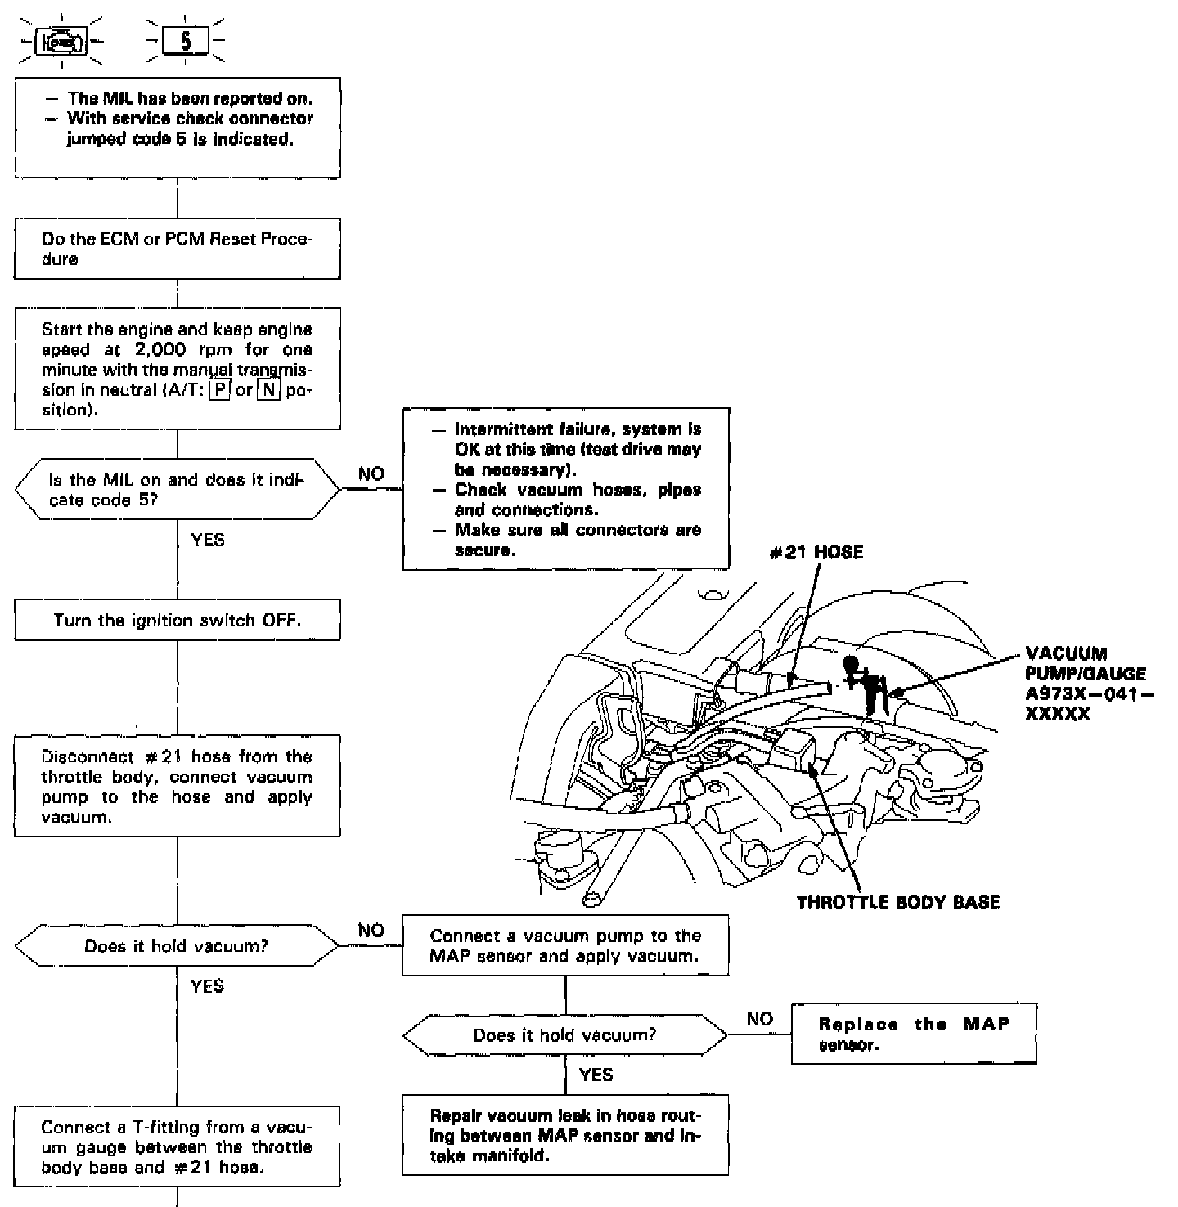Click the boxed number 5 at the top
186,42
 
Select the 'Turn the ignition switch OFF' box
178,621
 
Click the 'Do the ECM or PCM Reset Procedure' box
178,249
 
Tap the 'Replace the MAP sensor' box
914,1034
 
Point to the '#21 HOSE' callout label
816,553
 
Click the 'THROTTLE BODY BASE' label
898,903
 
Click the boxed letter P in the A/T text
218,390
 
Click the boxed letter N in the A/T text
268,390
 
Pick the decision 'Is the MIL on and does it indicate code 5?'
178,490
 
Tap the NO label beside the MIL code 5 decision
371,474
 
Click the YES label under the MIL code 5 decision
207,540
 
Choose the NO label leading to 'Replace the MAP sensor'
759,1019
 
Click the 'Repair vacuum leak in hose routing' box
565,1135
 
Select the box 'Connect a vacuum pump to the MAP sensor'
565,945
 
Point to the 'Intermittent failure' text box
566,489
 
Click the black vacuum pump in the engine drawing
864,678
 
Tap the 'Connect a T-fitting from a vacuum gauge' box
178,1146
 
